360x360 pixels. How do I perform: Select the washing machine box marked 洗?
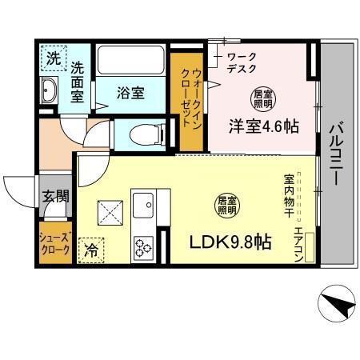coord(52,58)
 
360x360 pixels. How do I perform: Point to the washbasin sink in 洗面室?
coord(49,91)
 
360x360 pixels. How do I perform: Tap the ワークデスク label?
coord(241,63)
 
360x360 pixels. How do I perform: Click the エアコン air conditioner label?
coord(298,242)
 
